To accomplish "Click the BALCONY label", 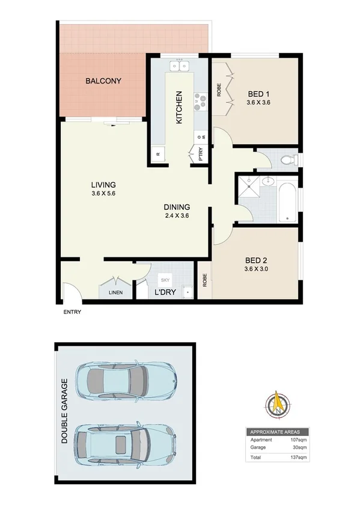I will click(103, 81).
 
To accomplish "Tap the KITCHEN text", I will click(178, 108).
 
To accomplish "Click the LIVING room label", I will click(103, 185).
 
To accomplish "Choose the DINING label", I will click(177, 207).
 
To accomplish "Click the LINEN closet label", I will click(115, 293).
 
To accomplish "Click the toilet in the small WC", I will click(288, 160).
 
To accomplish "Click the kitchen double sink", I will click(179, 65).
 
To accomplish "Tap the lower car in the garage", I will click(124, 441).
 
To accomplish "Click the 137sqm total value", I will click(299, 458).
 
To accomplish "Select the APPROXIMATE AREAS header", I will click(278, 432).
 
